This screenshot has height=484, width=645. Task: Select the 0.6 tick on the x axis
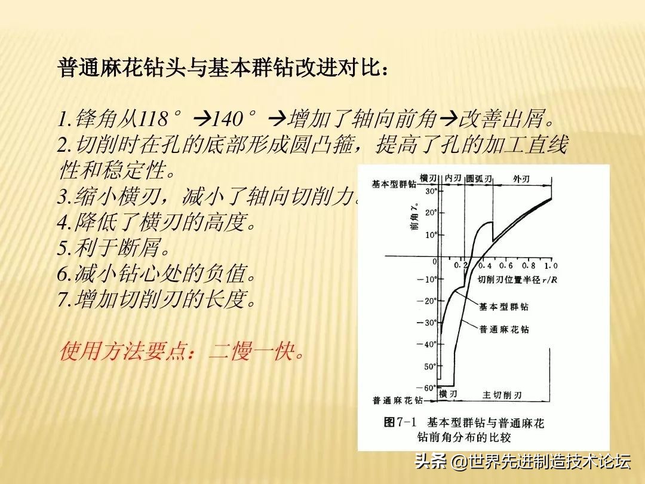click(x=506, y=265)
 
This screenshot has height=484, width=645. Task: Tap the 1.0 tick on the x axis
click(x=551, y=265)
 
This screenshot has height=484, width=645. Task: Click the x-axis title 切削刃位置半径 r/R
click(x=517, y=279)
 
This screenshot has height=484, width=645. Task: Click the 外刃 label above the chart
click(x=521, y=179)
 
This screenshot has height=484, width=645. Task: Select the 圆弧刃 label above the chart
click(x=479, y=179)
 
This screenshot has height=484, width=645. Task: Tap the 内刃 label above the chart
click(x=454, y=179)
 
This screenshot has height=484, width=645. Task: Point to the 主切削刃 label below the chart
click(x=502, y=395)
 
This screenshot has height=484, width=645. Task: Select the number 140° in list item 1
click(x=235, y=119)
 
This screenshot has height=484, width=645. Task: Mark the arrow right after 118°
click(x=202, y=119)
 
